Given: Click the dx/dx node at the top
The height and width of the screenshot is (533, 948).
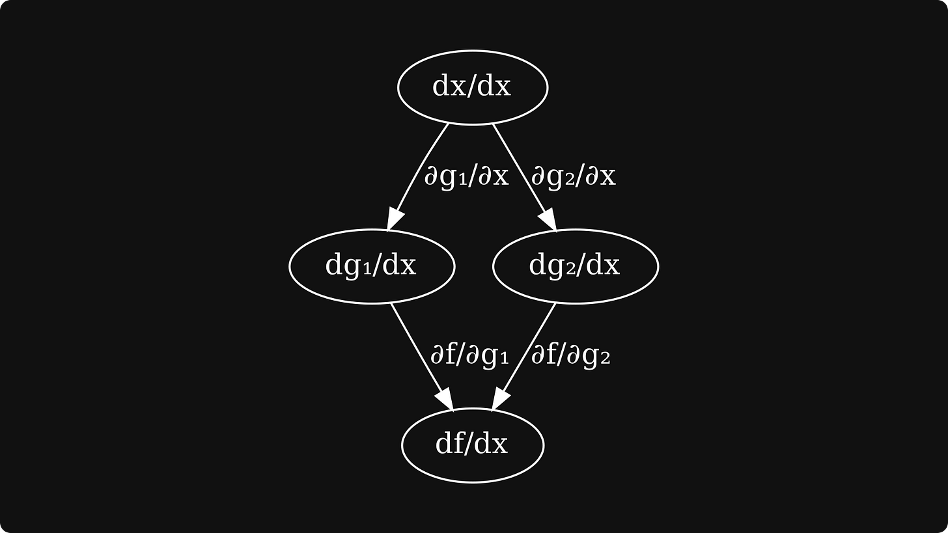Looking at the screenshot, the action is click(473, 87).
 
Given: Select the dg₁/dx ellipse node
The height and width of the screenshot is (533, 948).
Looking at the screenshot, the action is click(371, 266).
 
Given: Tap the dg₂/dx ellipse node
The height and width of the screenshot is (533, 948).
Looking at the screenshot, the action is click(575, 266).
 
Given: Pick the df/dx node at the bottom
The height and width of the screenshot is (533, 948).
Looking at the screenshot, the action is click(472, 445).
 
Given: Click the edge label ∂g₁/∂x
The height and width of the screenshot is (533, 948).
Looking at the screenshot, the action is click(466, 176).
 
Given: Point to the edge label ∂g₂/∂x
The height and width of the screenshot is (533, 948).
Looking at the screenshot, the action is click(573, 176).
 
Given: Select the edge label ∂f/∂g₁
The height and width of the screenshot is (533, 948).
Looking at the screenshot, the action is click(469, 355).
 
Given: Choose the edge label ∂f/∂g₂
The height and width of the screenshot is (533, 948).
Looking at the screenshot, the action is click(570, 355).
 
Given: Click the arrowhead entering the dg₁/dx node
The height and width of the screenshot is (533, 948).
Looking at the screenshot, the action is click(395, 219).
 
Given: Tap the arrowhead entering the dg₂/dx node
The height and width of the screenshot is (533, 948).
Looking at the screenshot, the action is click(548, 220).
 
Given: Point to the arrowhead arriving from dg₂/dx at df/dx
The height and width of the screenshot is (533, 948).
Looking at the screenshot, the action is click(500, 399).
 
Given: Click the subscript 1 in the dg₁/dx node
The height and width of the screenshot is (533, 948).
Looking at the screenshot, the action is click(368, 269).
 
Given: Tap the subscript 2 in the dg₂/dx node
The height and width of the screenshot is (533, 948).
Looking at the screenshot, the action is click(572, 269).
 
